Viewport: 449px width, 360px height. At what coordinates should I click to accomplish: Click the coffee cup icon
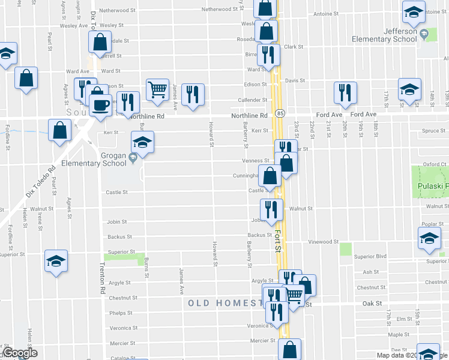click(x=100, y=105)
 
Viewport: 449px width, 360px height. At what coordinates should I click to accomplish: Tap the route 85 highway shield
click(x=280, y=113)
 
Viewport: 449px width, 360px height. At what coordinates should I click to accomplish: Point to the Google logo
click(x=19, y=353)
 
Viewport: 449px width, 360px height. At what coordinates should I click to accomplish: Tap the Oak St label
click(x=372, y=304)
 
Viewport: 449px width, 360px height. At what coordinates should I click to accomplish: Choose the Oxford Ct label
click(x=435, y=164)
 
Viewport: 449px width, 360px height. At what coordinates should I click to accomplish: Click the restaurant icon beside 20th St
click(x=345, y=92)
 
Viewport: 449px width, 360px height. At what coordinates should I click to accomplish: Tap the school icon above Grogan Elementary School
click(x=142, y=142)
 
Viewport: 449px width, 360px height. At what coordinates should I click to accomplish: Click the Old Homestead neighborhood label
click(x=226, y=303)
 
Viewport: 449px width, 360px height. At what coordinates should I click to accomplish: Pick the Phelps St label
click(x=121, y=313)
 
